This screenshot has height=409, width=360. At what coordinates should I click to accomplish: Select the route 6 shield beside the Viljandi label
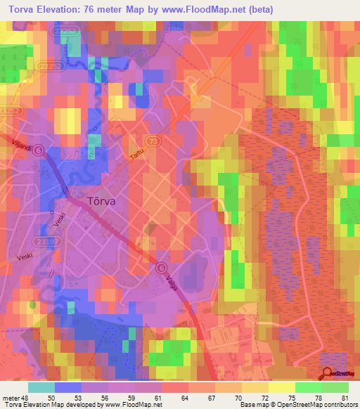pyautogui.click(x=39, y=150)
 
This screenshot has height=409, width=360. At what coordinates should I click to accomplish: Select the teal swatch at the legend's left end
pyautogui.click(x=41, y=387)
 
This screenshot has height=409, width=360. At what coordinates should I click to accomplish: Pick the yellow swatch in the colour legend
pyautogui.click(x=281, y=387)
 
